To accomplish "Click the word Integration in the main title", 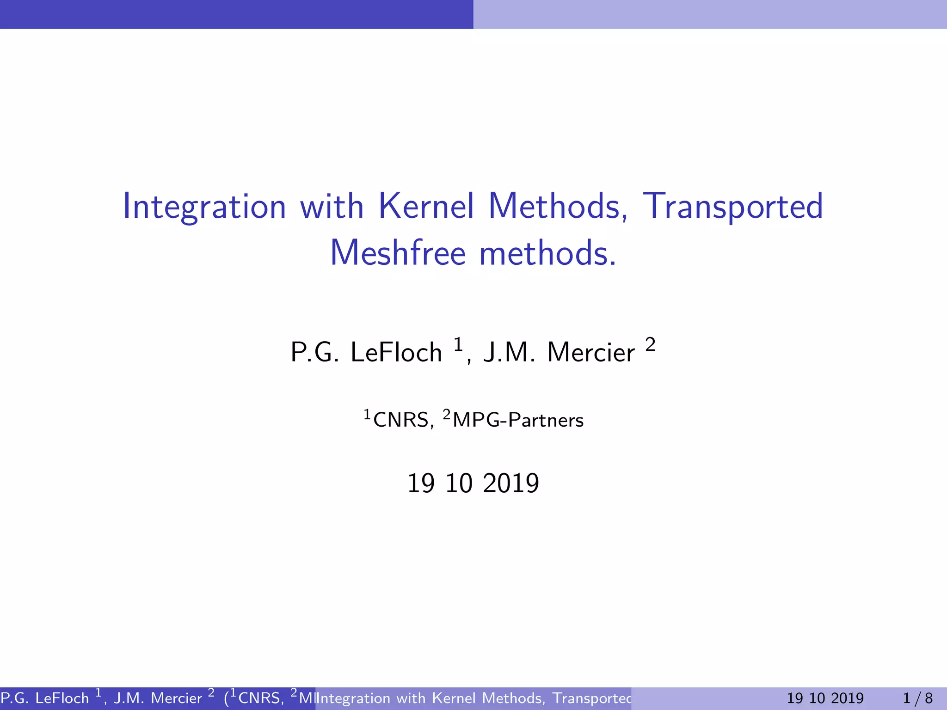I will tap(204, 207).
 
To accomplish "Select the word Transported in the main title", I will tap(733, 207).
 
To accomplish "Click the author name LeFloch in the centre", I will tap(396, 352).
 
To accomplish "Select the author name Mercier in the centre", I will tap(591, 352).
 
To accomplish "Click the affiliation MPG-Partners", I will tap(518, 420).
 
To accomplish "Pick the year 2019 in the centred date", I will tap(511, 484).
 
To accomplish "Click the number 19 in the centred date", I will tap(421, 484).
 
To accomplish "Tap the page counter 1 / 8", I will tap(918, 698).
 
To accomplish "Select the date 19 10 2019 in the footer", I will tap(825, 698).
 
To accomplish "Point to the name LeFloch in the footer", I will tap(62, 698).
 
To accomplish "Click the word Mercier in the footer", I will tap(177, 698).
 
